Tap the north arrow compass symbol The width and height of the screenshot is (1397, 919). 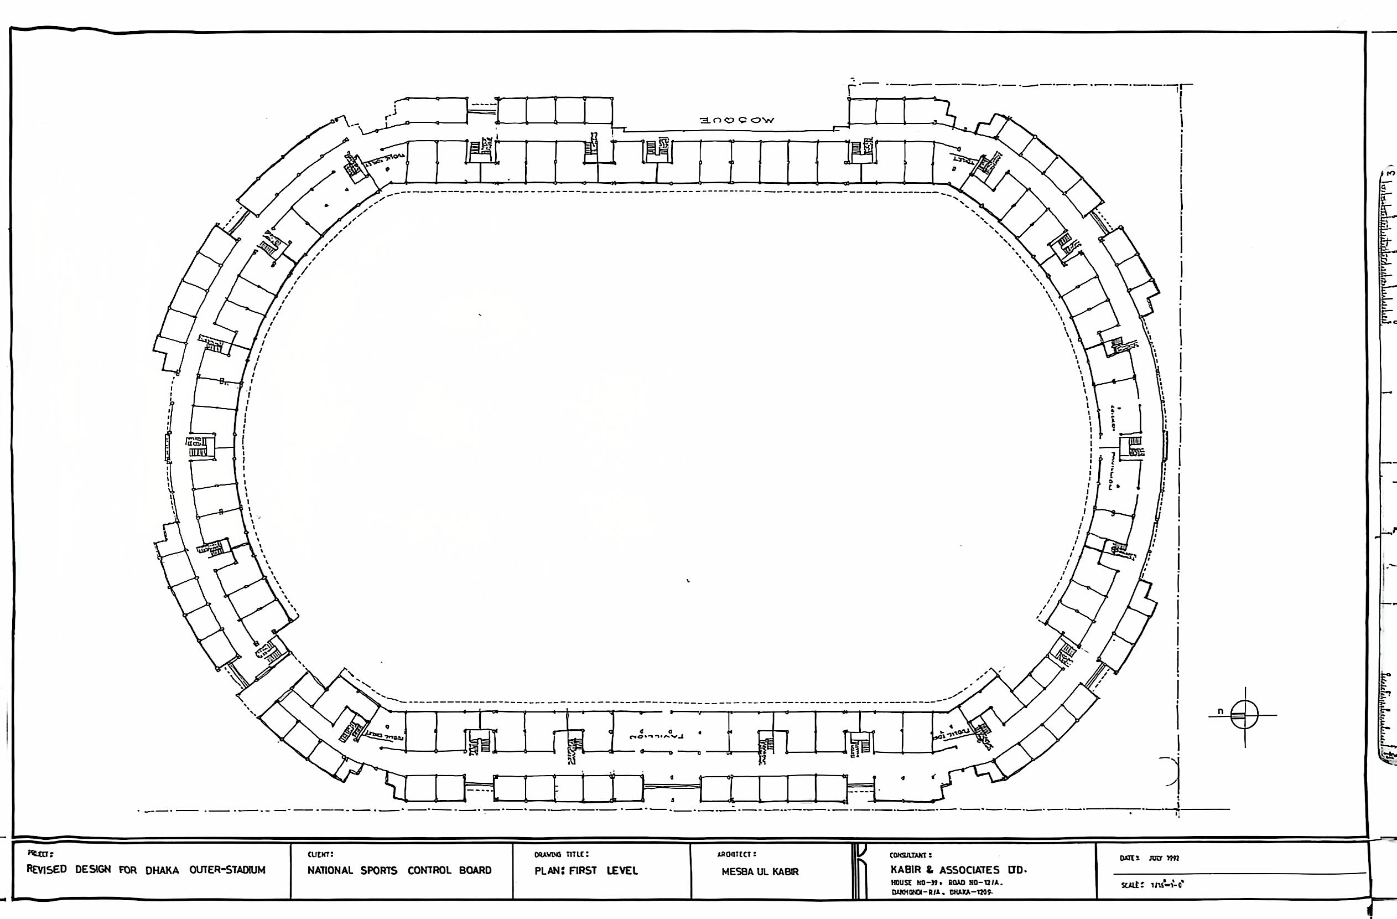1244,715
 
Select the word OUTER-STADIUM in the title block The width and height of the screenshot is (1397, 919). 227,870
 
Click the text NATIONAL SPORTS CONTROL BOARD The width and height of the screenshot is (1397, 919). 399,870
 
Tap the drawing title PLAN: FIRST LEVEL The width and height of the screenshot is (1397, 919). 586,870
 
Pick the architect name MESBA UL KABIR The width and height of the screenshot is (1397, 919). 760,871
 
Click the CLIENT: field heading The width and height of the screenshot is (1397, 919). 320,854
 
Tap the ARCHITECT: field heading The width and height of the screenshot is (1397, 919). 736,854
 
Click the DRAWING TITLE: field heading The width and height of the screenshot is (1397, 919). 561,854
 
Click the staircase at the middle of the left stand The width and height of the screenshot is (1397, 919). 199,446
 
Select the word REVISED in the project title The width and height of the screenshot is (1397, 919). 46,870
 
